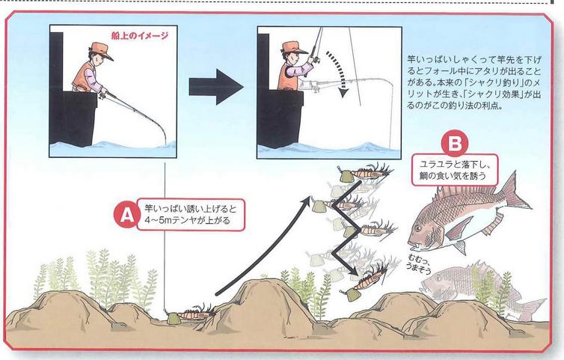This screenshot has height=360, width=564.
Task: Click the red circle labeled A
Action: [x=126, y=215]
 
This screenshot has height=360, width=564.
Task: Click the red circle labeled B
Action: [x=455, y=143]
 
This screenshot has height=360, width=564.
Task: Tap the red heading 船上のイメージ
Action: [x=140, y=36]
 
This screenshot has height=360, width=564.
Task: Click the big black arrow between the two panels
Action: [x=216, y=87]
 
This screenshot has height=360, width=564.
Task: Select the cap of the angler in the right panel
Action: [x=293, y=47]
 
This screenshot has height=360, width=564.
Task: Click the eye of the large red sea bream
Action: [x=417, y=228]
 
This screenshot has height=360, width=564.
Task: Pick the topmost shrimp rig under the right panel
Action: [x=364, y=173]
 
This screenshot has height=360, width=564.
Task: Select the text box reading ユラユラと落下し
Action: [x=455, y=170]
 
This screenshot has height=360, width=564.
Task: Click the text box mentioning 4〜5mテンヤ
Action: [x=191, y=215]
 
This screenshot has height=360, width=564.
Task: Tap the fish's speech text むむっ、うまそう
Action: [x=420, y=263]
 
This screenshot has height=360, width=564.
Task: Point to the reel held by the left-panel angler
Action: [x=102, y=96]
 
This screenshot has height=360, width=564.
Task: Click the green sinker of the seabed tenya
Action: [x=174, y=317]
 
